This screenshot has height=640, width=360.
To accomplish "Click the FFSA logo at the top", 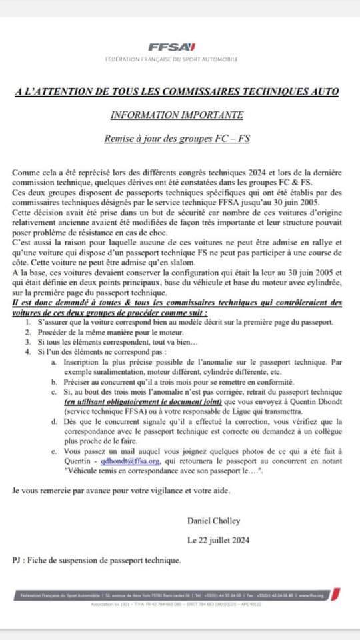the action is (x=171, y=47).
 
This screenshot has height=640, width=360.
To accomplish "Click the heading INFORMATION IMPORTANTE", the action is (x=177, y=114).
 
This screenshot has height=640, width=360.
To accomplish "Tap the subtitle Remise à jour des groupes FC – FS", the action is (x=177, y=140).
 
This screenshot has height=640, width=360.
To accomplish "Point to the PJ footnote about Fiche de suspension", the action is (x=97, y=560).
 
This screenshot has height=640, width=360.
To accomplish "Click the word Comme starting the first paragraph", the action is (x=25, y=173).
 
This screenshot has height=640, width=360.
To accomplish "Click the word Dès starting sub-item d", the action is (x=71, y=421).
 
